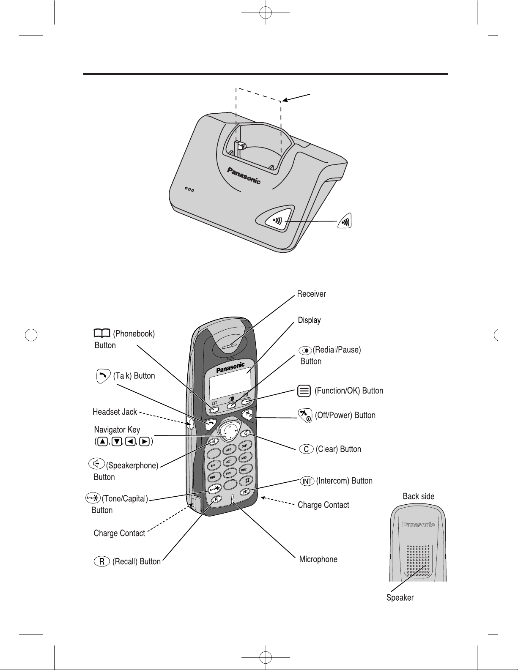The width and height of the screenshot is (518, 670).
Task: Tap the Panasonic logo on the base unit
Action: [x=244, y=176]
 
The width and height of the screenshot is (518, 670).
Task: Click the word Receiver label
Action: [x=311, y=294]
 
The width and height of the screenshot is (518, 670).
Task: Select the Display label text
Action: [x=309, y=320]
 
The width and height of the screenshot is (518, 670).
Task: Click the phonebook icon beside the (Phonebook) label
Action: [x=102, y=333]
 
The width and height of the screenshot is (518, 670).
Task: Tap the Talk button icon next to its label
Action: [x=103, y=376]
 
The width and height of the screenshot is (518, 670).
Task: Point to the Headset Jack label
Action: [x=115, y=412]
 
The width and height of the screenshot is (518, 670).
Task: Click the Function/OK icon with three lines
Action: [x=304, y=391]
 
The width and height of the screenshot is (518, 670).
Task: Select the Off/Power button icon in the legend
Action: [x=305, y=416]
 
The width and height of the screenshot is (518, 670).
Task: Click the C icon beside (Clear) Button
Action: [x=306, y=449]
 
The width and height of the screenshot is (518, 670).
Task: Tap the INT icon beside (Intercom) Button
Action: [x=307, y=481]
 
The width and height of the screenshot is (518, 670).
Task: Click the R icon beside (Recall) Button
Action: [x=102, y=561]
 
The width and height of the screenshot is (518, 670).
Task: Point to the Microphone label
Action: [x=318, y=559]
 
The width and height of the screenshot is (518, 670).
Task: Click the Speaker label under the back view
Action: [x=400, y=598]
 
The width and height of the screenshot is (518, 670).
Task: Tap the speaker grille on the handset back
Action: [x=418, y=561]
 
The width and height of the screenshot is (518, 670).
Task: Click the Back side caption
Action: [x=418, y=496]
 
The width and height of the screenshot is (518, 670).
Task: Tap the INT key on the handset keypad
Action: [x=245, y=492]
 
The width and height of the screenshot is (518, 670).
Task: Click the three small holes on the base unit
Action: [x=189, y=189]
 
